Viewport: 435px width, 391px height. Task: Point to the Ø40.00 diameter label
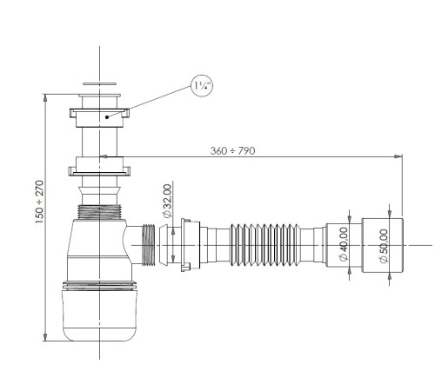pyautogui.click(x=344, y=239)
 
